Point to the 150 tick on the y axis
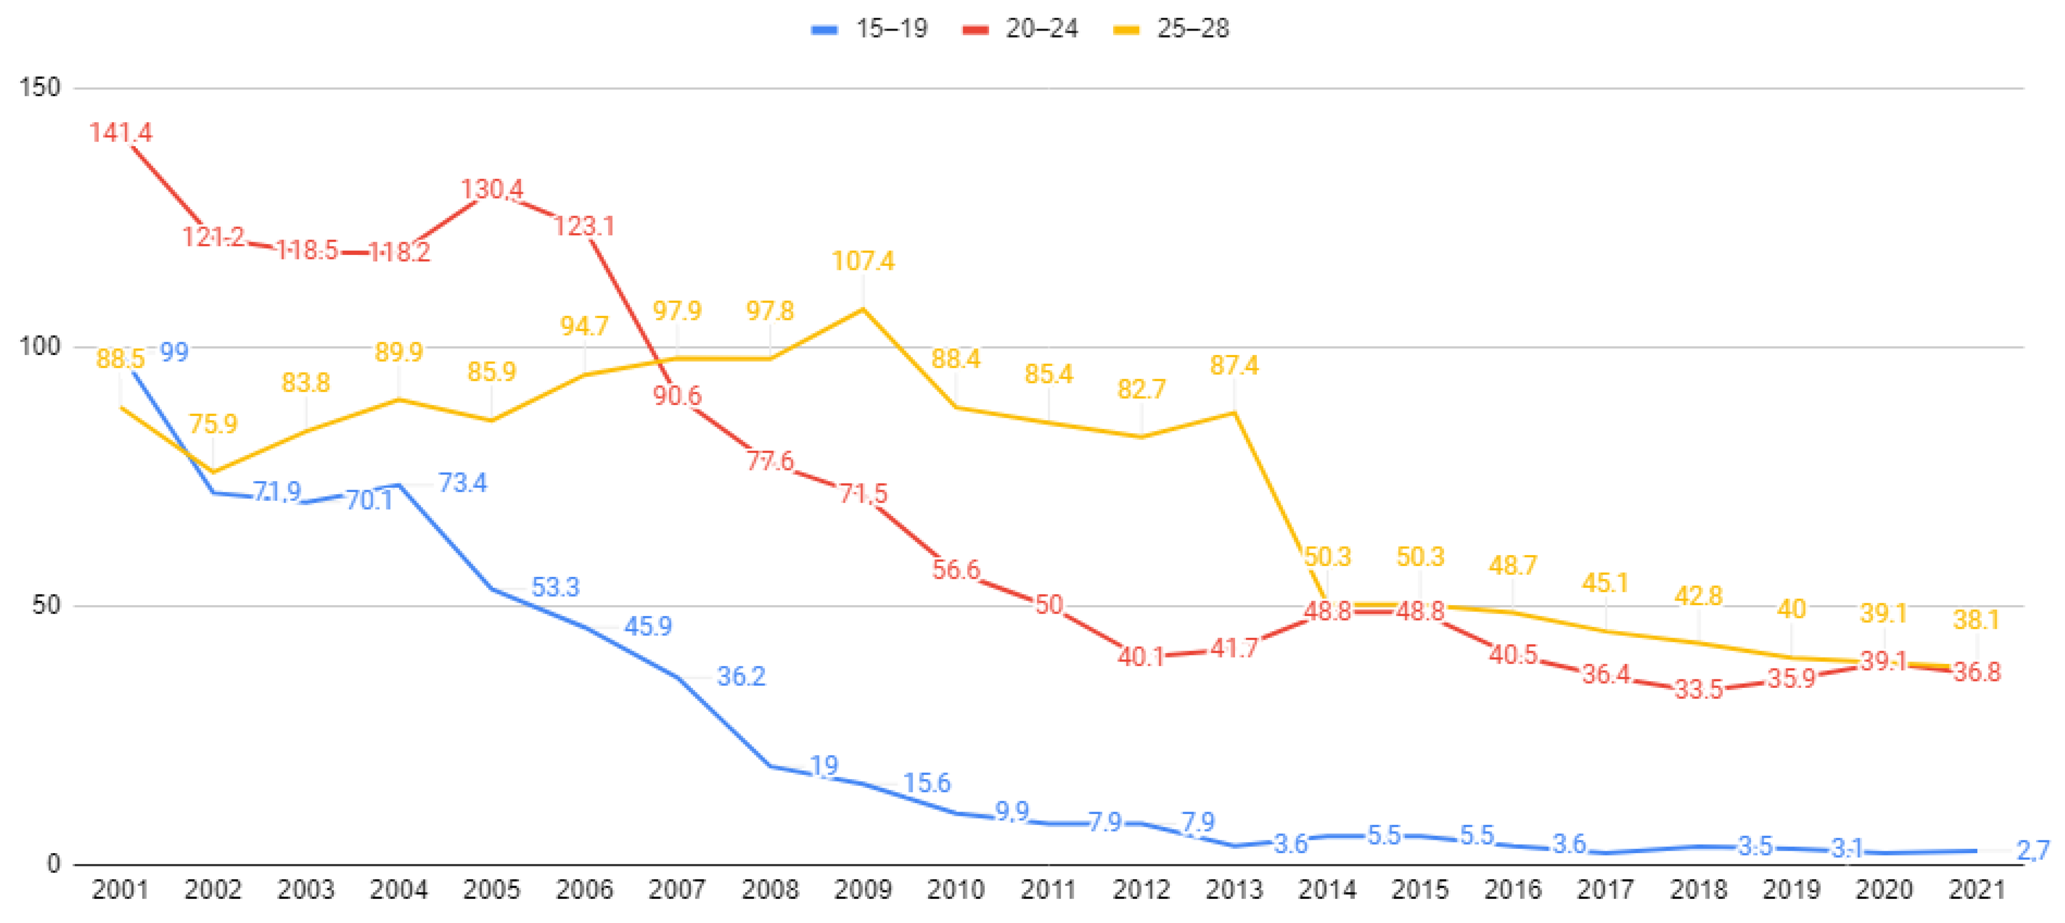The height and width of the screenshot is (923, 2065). pyautogui.click(x=40, y=88)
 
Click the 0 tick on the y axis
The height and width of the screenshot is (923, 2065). pyautogui.click(x=53, y=864)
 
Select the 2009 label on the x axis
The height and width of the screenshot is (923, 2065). pyautogui.click(x=863, y=889)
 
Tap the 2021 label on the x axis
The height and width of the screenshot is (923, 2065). pyautogui.click(x=1977, y=889)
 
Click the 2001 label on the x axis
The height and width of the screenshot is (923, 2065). pyautogui.click(x=120, y=889)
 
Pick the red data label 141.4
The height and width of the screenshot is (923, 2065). pyautogui.click(x=120, y=132)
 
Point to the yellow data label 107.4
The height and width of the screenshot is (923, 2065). pyautogui.click(x=863, y=260)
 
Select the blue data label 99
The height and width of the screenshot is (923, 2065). pyautogui.click(x=174, y=352)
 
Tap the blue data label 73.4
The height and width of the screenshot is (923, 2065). pyautogui.click(x=463, y=483)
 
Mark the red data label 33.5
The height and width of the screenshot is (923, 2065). pyautogui.click(x=1699, y=689)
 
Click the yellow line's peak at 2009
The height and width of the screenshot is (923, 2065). pyautogui.click(x=863, y=308)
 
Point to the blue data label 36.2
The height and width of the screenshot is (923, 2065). pyautogui.click(x=741, y=676)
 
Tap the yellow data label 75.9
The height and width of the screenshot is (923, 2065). pyautogui.click(x=213, y=423)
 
